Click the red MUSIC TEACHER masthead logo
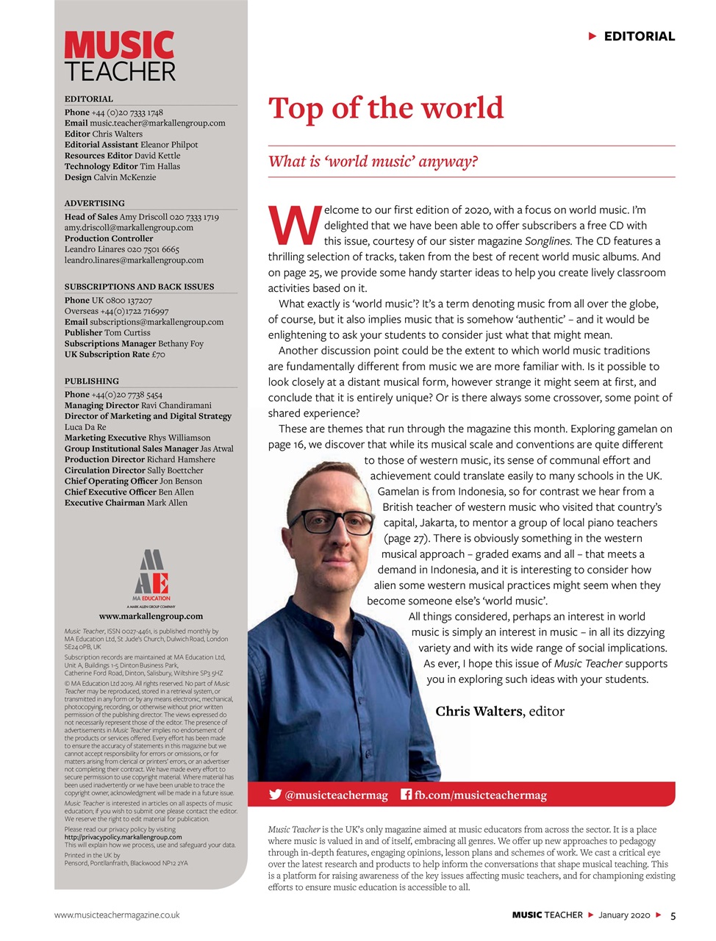pyautogui.click(x=120, y=56)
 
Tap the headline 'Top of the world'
pyautogui.click(x=386, y=108)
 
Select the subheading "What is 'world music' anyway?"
pyautogui.click(x=373, y=162)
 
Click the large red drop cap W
pyautogui.click(x=295, y=226)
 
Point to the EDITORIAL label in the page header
pyautogui.click(x=639, y=36)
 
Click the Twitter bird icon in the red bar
pyautogui.click(x=276, y=795)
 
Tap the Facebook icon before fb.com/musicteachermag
pyautogui.click(x=406, y=795)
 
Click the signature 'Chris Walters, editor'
pyautogui.click(x=500, y=711)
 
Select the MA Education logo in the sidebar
pyautogui.click(x=151, y=577)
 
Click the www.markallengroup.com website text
pyautogui.click(x=151, y=616)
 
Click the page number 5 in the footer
pyautogui.click(x=673, y=915)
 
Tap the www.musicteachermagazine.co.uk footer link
pyautogui.click(x=117, y=915)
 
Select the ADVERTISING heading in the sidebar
pyautogui.click(x=94, y=203)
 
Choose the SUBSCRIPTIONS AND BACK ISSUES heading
pyautogui.click(x=139, y=287)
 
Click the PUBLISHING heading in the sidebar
pyautogui.click(x=91, y=381)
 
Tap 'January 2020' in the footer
pyautogui.click(x=624, y=915)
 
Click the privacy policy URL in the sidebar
pyautogui.click(x=123, y=837)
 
